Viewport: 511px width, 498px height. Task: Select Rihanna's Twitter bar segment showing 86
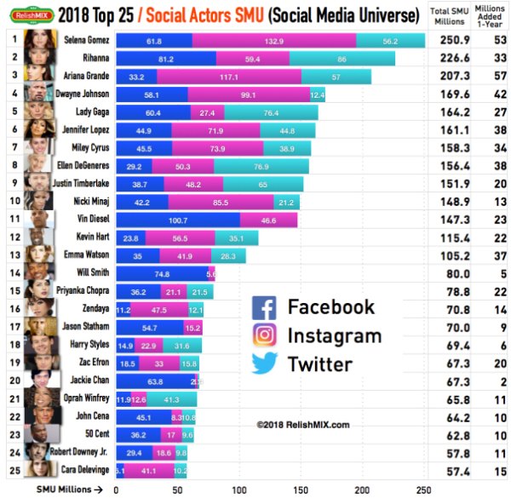pos(342,58)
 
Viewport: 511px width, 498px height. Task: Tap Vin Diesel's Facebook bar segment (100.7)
pos(178,220)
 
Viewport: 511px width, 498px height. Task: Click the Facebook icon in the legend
pos(265,307)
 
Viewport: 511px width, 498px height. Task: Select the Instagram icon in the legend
pos(265,335)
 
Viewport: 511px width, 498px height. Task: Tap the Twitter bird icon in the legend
pos(265,363)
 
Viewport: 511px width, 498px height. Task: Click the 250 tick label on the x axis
pos(423,489)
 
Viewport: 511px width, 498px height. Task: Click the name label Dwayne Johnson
pos(82,94)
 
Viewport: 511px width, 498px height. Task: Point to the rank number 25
pos(12,469)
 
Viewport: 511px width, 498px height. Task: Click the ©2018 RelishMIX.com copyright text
pos(302,423)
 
